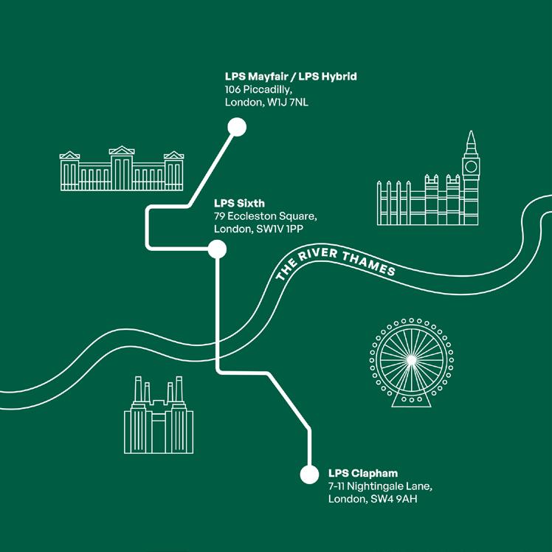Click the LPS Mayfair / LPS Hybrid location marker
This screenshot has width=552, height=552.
tap(236, 128)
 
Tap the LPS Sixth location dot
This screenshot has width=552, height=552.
tap(217, 251)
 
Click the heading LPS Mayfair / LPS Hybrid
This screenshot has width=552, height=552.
tap(291, 77)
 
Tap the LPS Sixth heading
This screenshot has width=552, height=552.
tap(239, 203)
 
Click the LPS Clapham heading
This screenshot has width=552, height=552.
tap(363, 473)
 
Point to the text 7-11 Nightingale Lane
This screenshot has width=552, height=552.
tap(379, 486)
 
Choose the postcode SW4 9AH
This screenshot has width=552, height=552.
tap(394, 500)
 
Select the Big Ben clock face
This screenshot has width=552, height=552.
tap(471, 165)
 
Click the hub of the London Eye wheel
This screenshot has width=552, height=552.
tap(407, 359)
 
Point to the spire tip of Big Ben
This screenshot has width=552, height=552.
tap(471, 133)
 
